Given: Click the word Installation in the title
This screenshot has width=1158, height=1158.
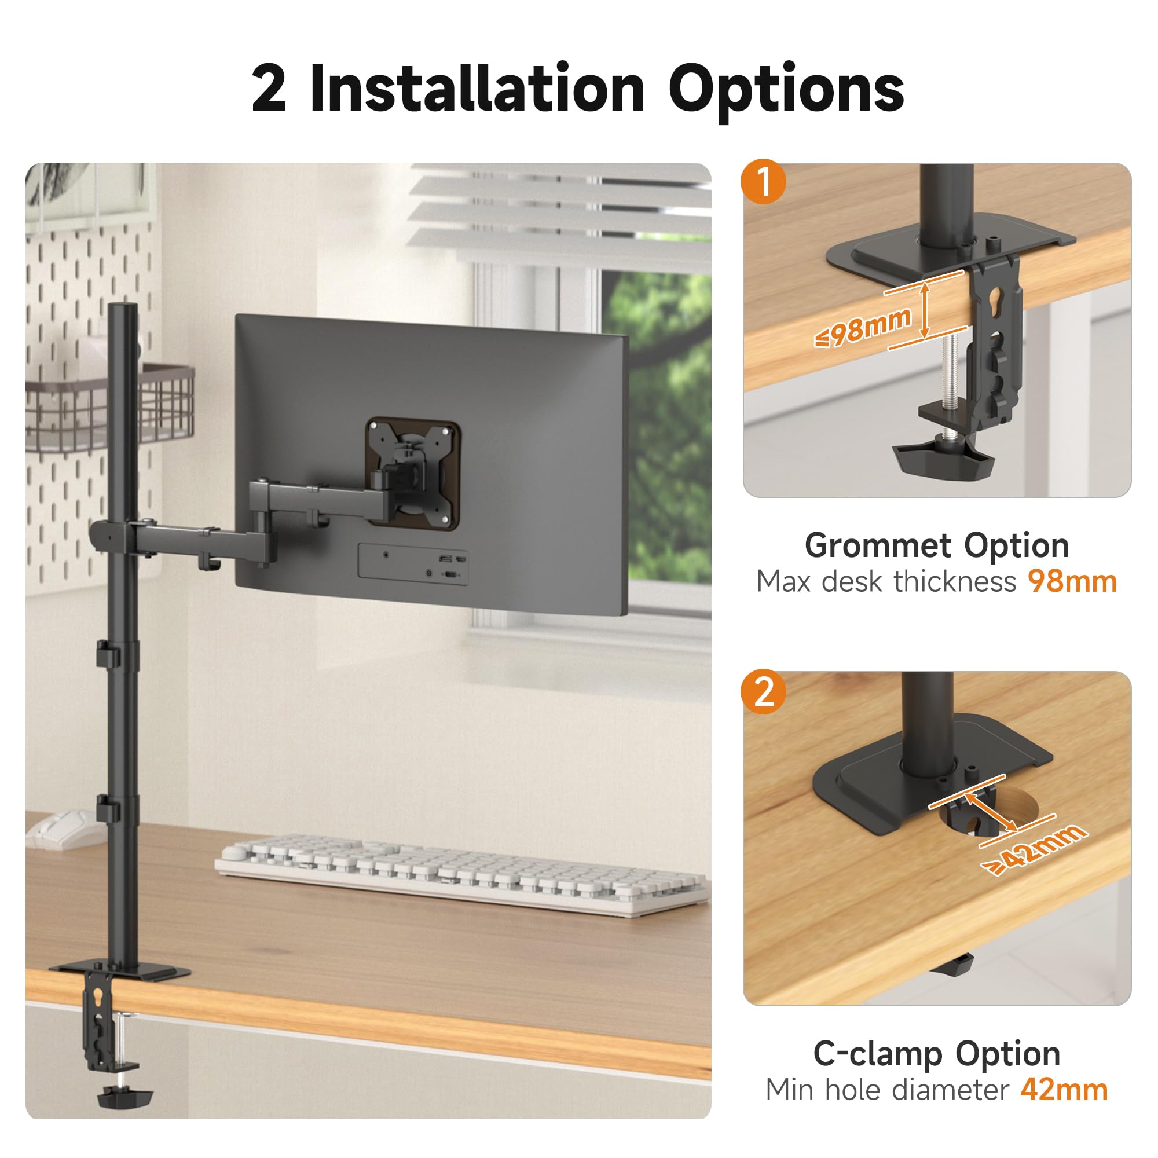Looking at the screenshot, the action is (478, 89).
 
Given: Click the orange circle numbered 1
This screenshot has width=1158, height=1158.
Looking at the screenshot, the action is (763, 181).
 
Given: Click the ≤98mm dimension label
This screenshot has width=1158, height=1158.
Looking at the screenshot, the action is (863, 327).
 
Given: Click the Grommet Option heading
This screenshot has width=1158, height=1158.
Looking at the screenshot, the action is (937, 546).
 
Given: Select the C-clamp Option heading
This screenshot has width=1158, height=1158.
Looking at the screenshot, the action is (937, 1054).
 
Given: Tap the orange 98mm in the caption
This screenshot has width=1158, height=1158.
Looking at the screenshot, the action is (1072, 581).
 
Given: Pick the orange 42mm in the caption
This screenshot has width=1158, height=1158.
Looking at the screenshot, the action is (1064, 1090).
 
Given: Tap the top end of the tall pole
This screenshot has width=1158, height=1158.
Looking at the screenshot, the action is (122, 306).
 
